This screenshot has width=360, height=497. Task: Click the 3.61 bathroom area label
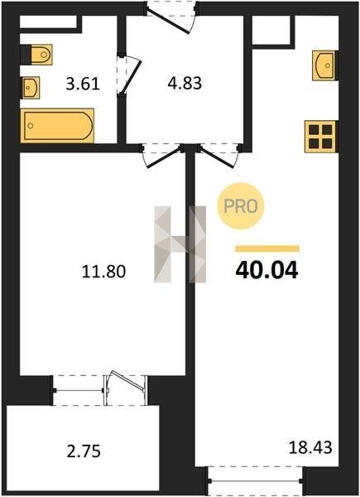pos(83,84)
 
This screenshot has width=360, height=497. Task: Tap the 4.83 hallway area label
pos(185,84)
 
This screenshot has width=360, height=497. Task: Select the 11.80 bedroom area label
pos(103,272)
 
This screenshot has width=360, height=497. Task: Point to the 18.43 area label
pos(310,448)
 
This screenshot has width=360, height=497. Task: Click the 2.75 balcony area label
pos(84,451)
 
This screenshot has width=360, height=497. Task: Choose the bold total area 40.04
pos(267,270)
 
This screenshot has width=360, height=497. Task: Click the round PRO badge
pos(241,206)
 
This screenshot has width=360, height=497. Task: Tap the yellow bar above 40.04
pos(267,248)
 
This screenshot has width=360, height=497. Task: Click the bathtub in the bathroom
pos(57,126)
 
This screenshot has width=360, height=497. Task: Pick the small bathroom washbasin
pos(31,88)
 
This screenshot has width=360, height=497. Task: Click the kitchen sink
pos(324,65)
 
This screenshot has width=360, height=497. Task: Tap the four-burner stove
pos(320,137)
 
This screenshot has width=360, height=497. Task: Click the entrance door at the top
pos(171,17)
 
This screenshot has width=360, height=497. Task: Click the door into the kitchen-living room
pos(218,156)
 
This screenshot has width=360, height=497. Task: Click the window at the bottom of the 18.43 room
pos(256,481)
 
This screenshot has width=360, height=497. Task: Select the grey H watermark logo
pos(180,244)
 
